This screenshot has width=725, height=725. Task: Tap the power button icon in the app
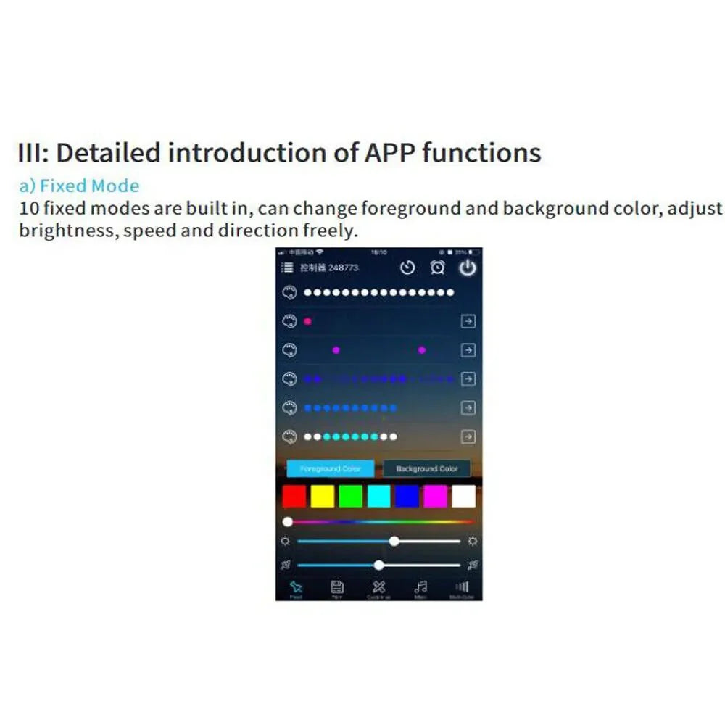click(468, 268)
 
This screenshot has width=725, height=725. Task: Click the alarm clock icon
click(437, 268)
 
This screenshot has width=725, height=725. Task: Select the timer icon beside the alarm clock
click(407, 268)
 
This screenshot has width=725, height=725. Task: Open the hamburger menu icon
click(287, 268)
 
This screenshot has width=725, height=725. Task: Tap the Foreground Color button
click(330, 468)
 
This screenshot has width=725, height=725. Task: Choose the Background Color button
click(426, 468)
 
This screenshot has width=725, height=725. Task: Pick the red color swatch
click(294, 496)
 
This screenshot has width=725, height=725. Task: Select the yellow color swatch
click(322, 496)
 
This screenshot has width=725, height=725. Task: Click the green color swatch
click(350, 496)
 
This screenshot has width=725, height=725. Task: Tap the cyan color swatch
click(378, 496)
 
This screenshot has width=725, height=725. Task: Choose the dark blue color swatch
click(407, 496)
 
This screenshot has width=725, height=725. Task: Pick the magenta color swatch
click(435, 496)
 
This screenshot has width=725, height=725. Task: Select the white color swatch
click(463, 496)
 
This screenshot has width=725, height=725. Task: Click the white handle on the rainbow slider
click(288, 521)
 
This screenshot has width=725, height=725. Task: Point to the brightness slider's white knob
click(394, 541)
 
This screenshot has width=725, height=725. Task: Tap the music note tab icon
click(420, 587)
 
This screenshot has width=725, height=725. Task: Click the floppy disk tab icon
click(336, 587)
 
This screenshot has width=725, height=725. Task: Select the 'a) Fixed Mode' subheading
click(79, 186)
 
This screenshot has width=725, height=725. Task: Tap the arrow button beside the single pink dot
click(468, 321)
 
